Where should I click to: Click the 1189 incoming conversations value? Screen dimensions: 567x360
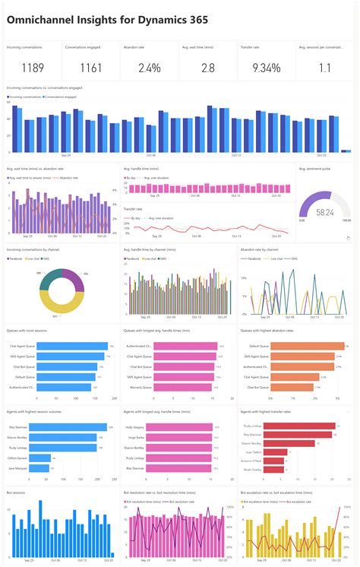pos(33,68)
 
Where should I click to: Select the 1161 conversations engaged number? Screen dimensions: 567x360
pos(91,68)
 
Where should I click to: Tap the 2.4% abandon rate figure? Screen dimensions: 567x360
pos(150,68)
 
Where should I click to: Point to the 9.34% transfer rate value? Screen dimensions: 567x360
pos(267,68)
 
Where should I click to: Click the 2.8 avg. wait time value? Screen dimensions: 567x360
pos(208,68)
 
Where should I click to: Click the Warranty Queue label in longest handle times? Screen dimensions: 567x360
pos(140,387)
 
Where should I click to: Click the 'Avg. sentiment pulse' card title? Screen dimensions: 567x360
pos(313,169)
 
